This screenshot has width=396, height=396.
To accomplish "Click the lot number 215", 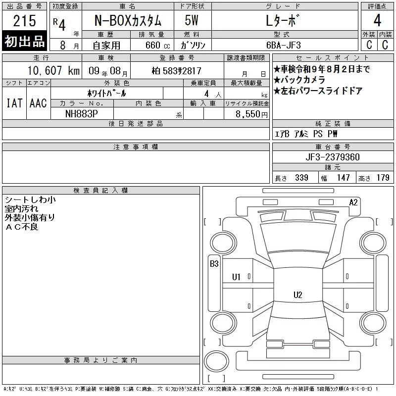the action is pyautogui.click(x=24, y=21).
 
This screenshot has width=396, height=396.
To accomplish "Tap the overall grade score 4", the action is pyautogui.click(x=377, y=20).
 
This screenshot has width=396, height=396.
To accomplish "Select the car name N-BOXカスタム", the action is pyautogui.click(x=128, y=21).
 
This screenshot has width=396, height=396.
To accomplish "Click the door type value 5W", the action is pyautogui.click(x=192, y=20).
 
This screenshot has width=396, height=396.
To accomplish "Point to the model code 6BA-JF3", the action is pyautogui.click(x=283, y=45).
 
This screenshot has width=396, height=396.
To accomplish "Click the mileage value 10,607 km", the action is pyautogui.click(x=53, y=71).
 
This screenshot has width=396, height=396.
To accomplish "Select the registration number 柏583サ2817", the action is pyautogui.click(x=177, y=71).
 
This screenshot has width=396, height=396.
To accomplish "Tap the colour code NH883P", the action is pyautogui.click(x=81, y=114).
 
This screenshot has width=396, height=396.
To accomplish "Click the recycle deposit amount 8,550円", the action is pyautogui.click(x=251, y=114).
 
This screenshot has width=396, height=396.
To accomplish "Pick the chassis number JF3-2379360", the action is pyautogui.click(x=333, y=157).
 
